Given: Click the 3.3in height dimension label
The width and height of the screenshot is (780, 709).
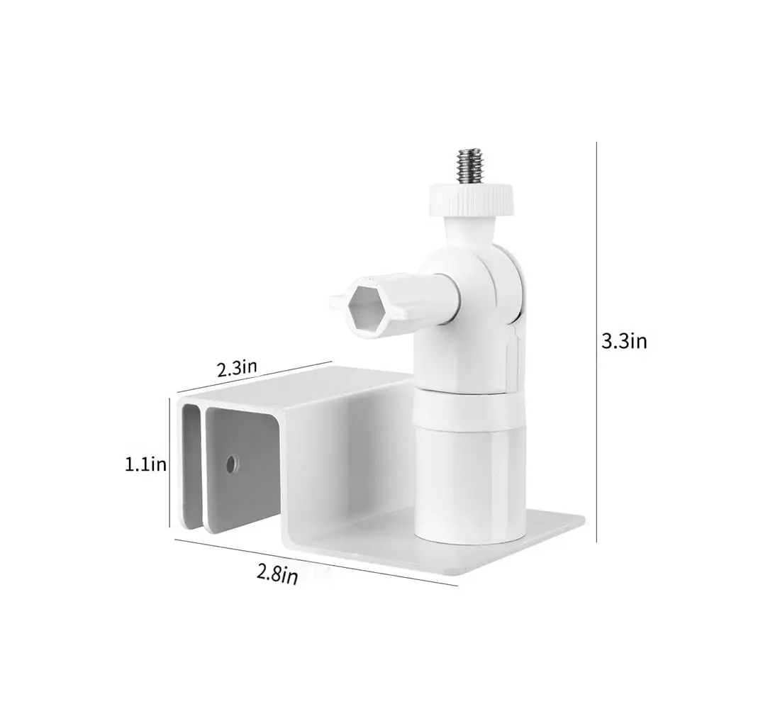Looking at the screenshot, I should click(624, 341).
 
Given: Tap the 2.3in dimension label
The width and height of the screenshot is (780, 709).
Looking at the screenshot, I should click(237, 368).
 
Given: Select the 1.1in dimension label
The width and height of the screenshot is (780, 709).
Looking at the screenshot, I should click(145, 464).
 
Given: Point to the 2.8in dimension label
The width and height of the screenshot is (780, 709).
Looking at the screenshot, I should click(277, 574).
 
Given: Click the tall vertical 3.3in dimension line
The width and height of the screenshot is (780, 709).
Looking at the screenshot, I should click(596, 340).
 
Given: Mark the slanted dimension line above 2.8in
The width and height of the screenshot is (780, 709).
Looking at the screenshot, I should click(316, 563).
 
